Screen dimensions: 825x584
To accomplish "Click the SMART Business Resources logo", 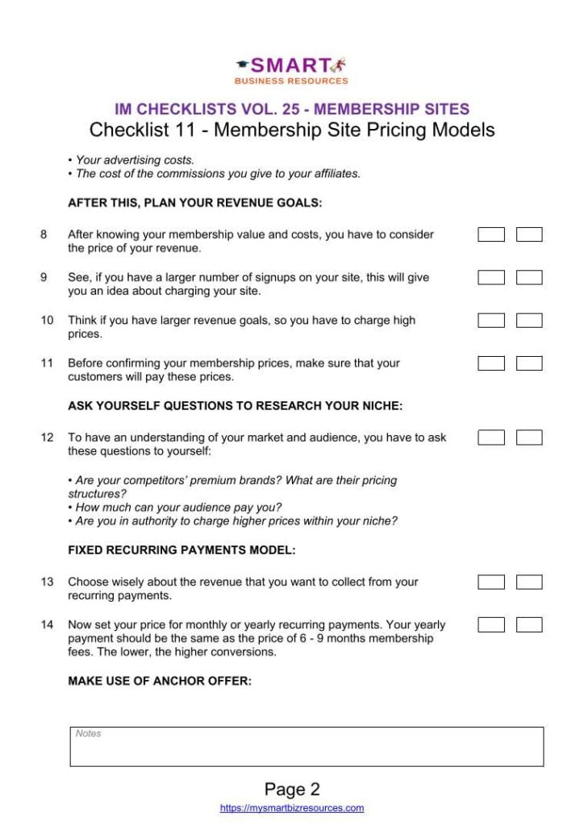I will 291,70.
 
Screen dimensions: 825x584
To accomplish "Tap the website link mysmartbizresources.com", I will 291,808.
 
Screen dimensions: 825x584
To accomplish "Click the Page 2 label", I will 291,790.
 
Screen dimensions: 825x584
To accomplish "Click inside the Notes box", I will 307,748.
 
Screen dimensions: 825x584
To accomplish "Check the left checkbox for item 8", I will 491,234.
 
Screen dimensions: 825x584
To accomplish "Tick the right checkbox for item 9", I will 529,277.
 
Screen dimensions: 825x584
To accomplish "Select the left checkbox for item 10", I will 491,320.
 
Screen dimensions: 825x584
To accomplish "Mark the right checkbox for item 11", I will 529,363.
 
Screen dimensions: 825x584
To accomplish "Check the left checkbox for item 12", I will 491,437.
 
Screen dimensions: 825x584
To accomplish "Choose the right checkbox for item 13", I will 529,582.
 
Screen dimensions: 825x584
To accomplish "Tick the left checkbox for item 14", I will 491,624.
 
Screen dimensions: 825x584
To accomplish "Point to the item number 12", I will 47,437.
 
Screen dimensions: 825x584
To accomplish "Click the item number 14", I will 47,624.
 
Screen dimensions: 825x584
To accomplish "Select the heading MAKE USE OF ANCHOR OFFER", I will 160,681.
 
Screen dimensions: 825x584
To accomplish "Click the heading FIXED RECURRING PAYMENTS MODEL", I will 181,551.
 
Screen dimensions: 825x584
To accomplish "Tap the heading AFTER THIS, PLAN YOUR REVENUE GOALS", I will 194,203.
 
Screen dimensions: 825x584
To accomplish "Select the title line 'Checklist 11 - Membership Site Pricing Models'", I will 291,130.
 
